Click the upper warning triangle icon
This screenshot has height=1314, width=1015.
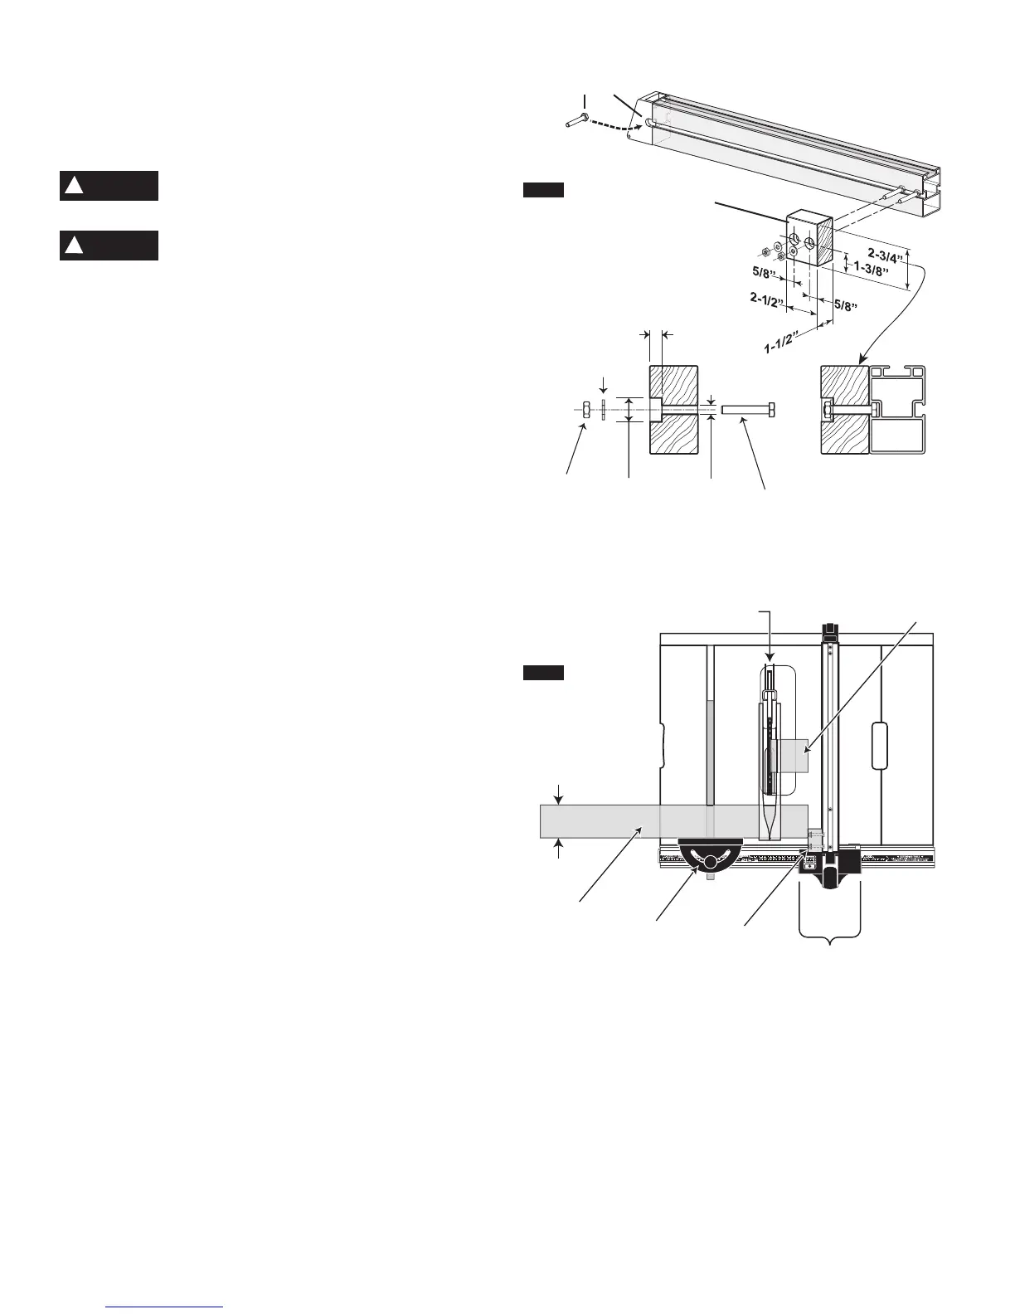click(74, 186)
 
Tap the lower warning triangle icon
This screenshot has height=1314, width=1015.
click(74, 246)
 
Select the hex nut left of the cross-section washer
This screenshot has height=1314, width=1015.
click(585, 409)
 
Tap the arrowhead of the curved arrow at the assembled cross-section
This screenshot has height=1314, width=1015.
click(863, 360)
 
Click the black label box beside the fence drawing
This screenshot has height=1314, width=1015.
click(543, 191)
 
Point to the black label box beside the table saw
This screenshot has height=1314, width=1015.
click(543, 672)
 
